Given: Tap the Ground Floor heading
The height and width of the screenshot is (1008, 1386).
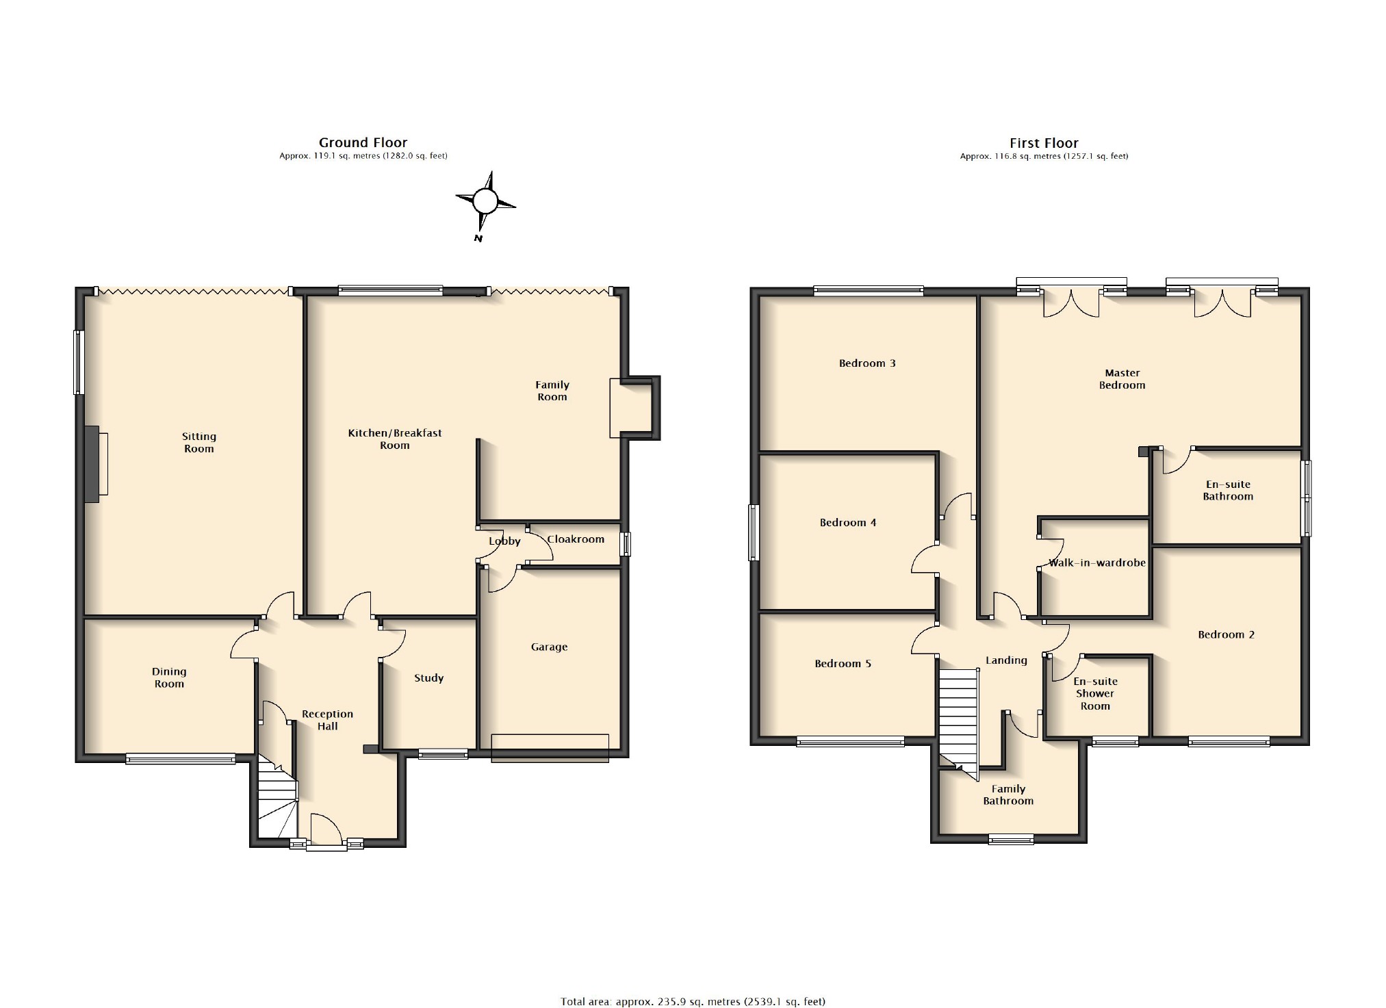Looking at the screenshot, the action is tap(363, 142).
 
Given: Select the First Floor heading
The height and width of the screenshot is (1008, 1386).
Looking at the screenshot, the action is tap(1044, 143).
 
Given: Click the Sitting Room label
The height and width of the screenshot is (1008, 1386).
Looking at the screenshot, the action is tap(199, 442).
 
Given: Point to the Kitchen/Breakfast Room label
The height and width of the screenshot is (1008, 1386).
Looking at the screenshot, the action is tap(395, 439).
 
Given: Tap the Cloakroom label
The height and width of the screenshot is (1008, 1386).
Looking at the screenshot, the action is tap(576, 539).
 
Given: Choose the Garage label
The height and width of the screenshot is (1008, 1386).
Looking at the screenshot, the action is tap(550, 647).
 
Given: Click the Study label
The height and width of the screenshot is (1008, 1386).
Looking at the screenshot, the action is tap(429, 677).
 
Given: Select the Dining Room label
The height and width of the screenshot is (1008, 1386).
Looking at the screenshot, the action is tap(169, 677).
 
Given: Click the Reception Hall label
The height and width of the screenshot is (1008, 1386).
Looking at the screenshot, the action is tap(328, 720).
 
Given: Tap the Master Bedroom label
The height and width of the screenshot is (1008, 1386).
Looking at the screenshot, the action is tap(1122, 379).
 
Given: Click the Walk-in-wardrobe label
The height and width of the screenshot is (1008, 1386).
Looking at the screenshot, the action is tap(1097, 563).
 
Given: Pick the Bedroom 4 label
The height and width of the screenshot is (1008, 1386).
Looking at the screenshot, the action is tap(848, 522).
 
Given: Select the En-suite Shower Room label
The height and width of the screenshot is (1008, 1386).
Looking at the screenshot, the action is tap(1095, 693).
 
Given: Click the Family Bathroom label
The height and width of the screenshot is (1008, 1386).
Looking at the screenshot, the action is tap(1008, 794).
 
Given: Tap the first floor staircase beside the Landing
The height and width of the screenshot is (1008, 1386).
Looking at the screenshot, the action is tap(959, 723).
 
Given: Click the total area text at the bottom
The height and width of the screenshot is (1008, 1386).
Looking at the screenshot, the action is tap(693, 1001).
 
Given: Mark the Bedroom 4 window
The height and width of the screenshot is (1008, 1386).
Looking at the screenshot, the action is tap(754, 532).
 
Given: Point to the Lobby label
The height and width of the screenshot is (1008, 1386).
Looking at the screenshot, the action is tap(504, 541).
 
